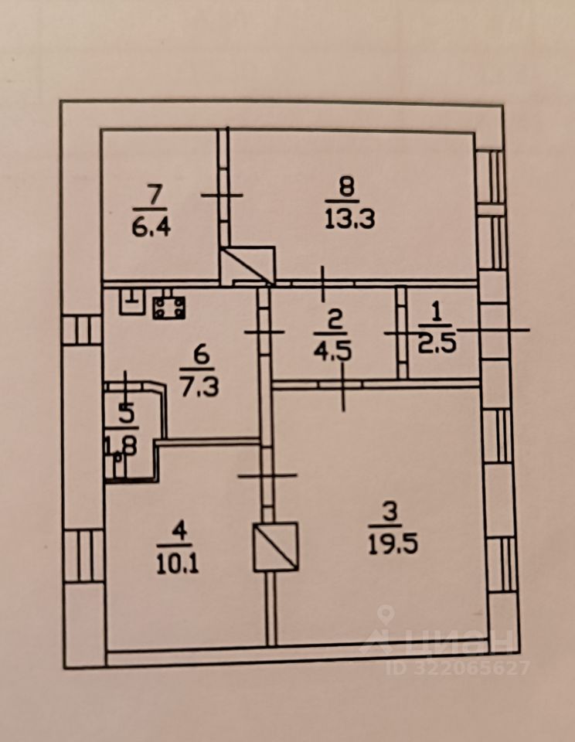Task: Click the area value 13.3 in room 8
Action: [x=347, y=220]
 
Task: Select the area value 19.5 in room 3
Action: [x=393, y=545]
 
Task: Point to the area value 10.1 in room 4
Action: [x=178, y=563]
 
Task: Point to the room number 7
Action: [x=152, y=196]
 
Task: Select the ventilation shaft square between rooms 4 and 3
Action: [x=276, y=546]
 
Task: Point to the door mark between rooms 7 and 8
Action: [x=222, y=195]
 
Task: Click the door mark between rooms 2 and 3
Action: [x=342, y=384]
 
